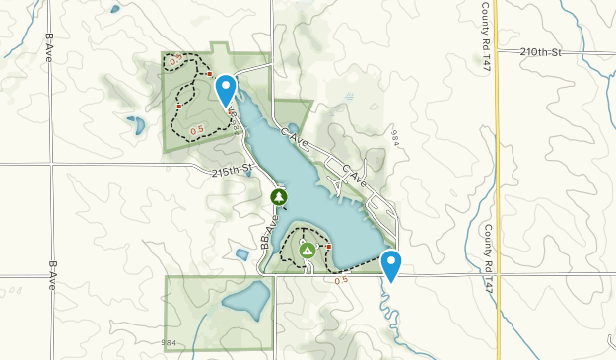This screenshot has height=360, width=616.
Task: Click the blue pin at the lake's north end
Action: pyautogui.click(x=227, y=90)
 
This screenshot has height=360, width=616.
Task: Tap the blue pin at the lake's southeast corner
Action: pyautogui.click(x=392, y=264)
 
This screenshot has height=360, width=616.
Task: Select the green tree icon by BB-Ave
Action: pyautogui.click(x=279, y=197)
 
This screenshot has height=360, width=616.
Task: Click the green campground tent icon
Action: pyautogui.click(x=308, y=251)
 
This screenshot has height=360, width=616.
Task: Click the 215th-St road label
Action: pyautogui.click(x=233, y=170)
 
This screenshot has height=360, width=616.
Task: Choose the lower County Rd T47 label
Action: pyautogui.click(x=488, y=248)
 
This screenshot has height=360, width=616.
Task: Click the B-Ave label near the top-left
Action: pyautogui.click(x=48, y=47)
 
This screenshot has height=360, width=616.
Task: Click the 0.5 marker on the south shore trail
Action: pyautogui.click(x=341, y=281)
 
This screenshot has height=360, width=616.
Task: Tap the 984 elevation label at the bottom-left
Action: pyautogui.click(x=170, y=342)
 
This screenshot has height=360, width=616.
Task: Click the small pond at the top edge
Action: pyautogui.click(x=115, y=9)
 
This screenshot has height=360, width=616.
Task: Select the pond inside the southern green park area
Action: pyautogui.click(x=246, y=298)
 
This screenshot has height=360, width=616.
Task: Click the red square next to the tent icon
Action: pyautogui.click(x=328, y=247)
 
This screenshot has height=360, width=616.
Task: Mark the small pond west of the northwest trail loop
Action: pyautogui.click(x=135, y=125)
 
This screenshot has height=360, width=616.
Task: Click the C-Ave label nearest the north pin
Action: pyautogui.click(x=295, y=139)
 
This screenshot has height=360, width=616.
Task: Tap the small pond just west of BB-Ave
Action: pyautogui.click(x=242, y=254)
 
